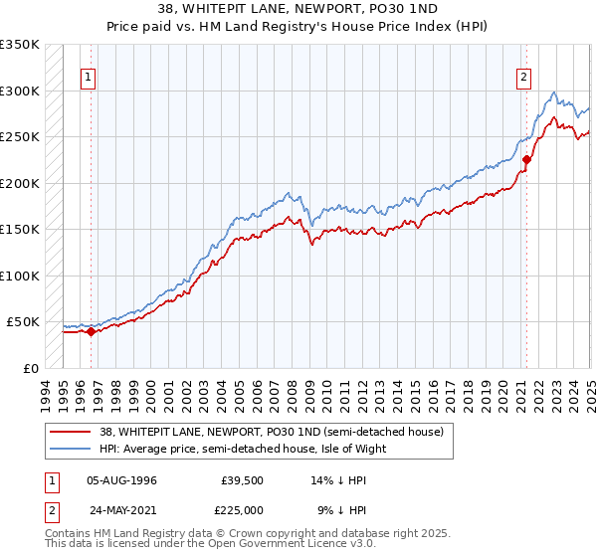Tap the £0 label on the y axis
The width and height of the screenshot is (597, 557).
coord(31,368)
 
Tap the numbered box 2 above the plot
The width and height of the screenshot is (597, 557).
coord(524,78)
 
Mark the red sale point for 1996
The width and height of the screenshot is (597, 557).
coord(91,332)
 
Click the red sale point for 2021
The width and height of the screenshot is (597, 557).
coord(526,160)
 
